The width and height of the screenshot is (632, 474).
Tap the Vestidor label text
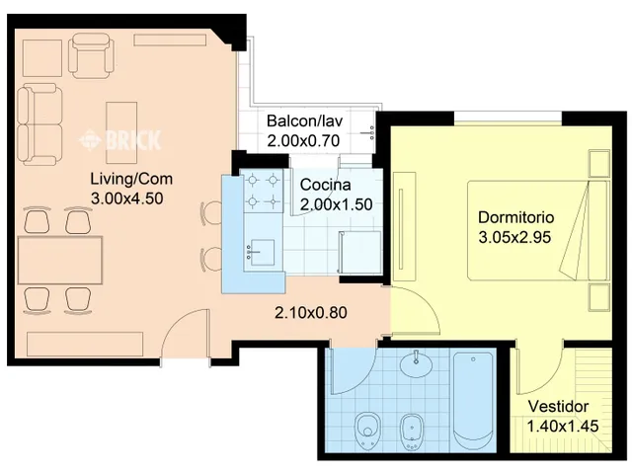[558, 406]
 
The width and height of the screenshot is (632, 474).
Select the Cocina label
[325, 185]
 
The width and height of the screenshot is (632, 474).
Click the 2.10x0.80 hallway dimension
[311, 313]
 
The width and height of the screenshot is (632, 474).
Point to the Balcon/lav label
[305, 120]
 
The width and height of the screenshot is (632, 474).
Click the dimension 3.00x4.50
[127, 198]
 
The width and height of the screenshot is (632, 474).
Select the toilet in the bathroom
[367, 431]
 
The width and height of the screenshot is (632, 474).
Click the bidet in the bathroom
[412, 433]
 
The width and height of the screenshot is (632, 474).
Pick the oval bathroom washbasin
[416, 364]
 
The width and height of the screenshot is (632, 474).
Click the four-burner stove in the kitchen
[263, 191]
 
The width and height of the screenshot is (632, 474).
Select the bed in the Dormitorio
[537, 230]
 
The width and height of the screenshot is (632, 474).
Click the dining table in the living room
[60, 261]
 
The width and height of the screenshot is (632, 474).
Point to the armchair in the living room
[91, 55]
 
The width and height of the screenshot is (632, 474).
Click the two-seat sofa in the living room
[39, 124]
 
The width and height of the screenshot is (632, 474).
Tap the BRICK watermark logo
[120, 140]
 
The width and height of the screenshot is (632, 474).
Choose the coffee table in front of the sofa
[121, 132]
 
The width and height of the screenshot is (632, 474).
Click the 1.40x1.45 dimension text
[563, 426]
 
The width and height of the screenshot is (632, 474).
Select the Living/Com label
[131, 179]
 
